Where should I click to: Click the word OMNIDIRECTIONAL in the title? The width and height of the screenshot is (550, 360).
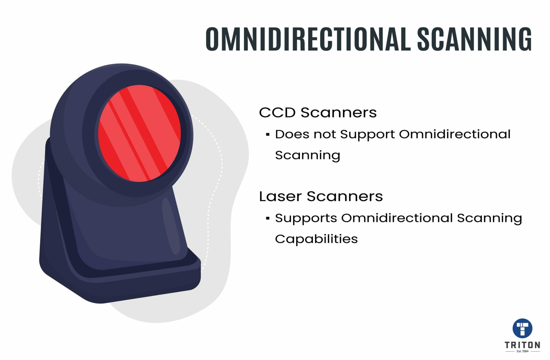(x=308, y=39)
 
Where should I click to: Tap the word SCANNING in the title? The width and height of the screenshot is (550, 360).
(x=474, y=39)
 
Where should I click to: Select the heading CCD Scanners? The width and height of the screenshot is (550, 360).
(x=318, y=113)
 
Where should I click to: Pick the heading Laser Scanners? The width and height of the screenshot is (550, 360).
(x=321, y=196)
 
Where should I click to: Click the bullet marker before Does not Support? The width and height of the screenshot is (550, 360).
(x=267, y=134)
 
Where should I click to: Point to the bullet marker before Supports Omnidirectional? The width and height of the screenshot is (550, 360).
(x=267, y=218)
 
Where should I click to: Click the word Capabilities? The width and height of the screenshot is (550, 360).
(x=316, y=239)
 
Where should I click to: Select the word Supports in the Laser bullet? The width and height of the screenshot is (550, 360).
(x=306, y=218)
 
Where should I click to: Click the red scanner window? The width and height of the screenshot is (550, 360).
(x=139, y=134)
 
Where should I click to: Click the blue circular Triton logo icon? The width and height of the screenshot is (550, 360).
(x=522, y=328)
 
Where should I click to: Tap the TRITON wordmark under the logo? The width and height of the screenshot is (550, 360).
(x=522, y=345)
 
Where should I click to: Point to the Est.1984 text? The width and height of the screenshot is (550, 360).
(x=522, y=351)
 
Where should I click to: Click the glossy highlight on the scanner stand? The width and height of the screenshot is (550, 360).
(x=171, y=226)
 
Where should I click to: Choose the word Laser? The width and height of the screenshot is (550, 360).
(x=280, y=196)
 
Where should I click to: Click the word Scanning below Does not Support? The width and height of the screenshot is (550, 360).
(x=307, y=155)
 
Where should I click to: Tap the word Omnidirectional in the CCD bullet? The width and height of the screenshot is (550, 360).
(x=454, y=134)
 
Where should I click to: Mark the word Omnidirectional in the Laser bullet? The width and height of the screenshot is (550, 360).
(x=397, y=218)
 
